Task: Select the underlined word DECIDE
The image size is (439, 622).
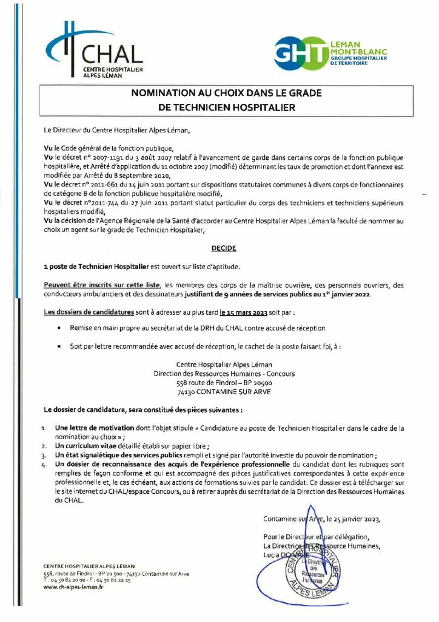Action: pyautogui.click(x=224, y=248)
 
